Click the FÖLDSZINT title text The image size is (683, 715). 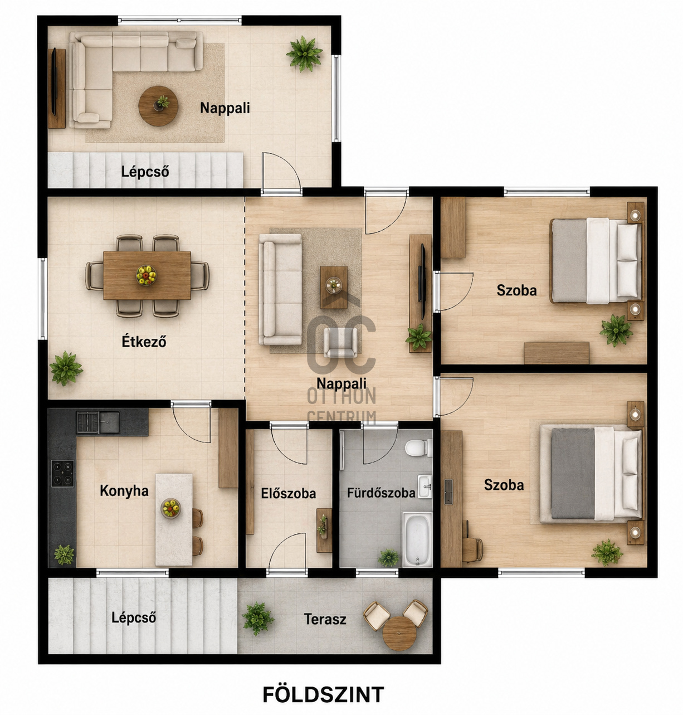323,694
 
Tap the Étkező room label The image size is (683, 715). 144,342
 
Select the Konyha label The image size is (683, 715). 124,491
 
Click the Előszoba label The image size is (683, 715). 288,493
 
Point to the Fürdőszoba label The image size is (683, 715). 381,493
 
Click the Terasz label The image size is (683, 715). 325,619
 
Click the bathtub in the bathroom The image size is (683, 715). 417,539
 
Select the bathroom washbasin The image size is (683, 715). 425,487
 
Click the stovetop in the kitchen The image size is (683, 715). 62,474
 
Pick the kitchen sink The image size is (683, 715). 98,422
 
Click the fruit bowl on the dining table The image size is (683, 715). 146,275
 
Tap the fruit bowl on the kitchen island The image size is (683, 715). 170,508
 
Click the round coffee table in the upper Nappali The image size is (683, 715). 158,106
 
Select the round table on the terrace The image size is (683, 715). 399,633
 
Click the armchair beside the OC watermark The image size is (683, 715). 340,342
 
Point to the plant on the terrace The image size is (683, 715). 258,619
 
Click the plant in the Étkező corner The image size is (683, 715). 66,368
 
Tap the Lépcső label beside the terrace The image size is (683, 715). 134,617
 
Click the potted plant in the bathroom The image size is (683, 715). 388,557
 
